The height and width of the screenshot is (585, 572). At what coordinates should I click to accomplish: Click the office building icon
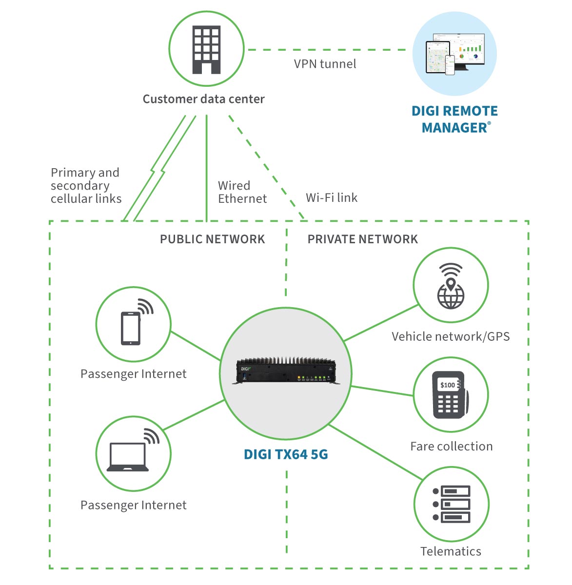206,50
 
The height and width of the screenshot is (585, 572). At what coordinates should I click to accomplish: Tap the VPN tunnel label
325,64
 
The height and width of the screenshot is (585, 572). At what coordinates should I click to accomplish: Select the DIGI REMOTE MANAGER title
454,119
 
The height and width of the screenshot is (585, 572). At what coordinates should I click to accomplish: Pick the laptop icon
128,455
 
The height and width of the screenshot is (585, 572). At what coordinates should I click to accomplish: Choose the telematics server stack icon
452,504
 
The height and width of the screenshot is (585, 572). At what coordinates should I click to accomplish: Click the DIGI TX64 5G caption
286,454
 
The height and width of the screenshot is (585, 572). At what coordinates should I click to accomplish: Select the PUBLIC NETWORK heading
212,239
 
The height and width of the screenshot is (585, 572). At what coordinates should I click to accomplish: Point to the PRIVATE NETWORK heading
362,239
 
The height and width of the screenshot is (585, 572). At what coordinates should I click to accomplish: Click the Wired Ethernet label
242,192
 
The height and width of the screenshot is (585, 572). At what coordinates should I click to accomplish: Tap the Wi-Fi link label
331,197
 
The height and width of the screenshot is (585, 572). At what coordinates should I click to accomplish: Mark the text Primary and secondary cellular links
86,186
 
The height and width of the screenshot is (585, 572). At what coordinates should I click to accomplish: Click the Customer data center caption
203,99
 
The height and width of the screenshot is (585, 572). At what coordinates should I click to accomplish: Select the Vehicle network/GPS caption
451,336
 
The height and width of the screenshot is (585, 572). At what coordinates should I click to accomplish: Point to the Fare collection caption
451,447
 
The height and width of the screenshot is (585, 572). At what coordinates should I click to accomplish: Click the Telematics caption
451,551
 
